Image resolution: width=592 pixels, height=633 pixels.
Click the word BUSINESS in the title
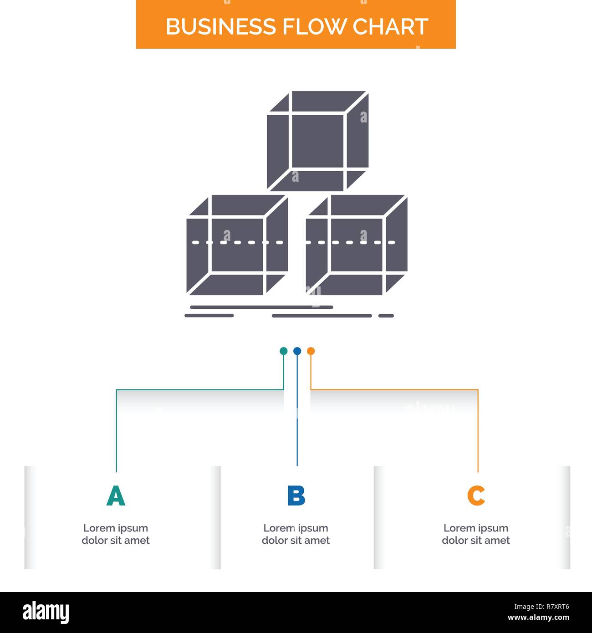point(220,26)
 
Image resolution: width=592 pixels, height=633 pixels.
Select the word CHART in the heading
point(390,26)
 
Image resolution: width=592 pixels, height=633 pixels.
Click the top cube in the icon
point(318,141)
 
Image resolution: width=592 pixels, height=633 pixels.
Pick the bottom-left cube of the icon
point(237,245)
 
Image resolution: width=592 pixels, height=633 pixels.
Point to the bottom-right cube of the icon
point(357,245)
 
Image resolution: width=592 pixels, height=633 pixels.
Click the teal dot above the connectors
point(283,351)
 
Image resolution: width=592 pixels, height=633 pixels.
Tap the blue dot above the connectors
point(297,351)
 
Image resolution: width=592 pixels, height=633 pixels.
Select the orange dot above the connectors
point(311,351)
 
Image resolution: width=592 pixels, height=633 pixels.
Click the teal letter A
point(116,495)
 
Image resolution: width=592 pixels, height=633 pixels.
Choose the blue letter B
point(296,495)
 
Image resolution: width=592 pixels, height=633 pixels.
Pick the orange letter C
point(476,495)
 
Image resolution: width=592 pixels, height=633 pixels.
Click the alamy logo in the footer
point(46,612)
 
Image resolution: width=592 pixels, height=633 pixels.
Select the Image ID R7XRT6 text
point(541,607)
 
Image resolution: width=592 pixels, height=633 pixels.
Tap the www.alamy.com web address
point(538,618)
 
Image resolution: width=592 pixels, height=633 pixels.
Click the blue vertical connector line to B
point(297,410)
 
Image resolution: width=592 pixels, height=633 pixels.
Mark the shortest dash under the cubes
point(386,316)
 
